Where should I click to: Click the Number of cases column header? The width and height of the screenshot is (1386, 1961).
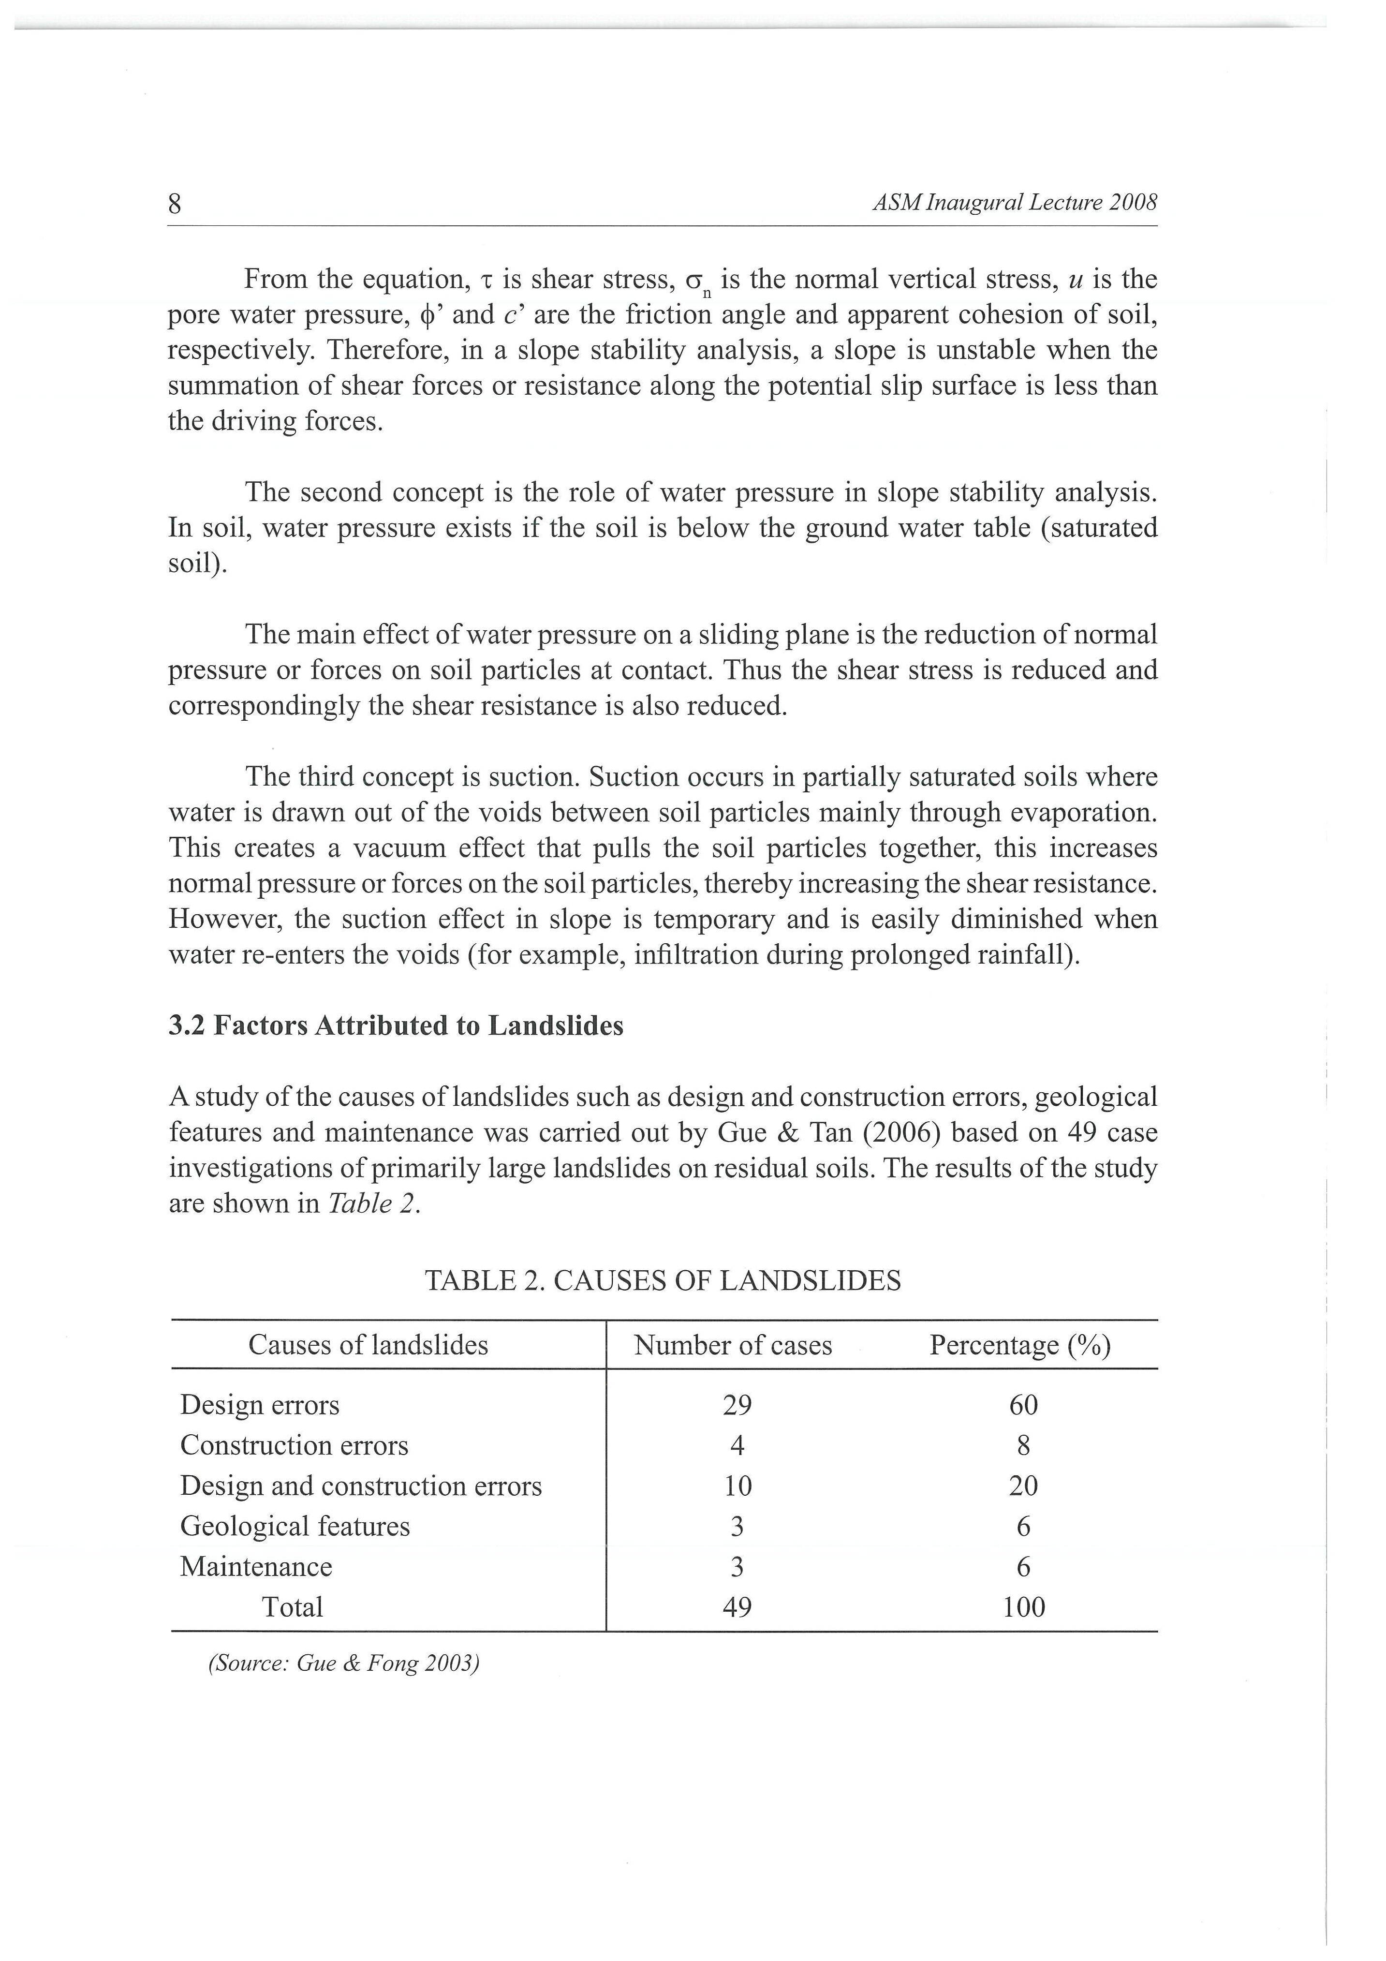733,1345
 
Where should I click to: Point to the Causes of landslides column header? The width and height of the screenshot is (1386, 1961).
368,1345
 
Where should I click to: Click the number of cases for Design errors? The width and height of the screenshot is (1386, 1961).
737,1405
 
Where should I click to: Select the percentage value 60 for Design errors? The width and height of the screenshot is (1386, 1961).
1023,1405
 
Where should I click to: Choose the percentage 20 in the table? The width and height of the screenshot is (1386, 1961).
1023,1486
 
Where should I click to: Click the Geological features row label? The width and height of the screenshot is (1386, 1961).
295,1526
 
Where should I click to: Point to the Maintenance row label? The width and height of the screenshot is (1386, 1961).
256,1566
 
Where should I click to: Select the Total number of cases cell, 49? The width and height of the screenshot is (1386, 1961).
737,1607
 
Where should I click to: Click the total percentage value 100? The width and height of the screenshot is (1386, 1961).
1024,1607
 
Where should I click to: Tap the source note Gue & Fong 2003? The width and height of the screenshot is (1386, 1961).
344,1664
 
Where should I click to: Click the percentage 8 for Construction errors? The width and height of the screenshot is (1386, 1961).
1024,1445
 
